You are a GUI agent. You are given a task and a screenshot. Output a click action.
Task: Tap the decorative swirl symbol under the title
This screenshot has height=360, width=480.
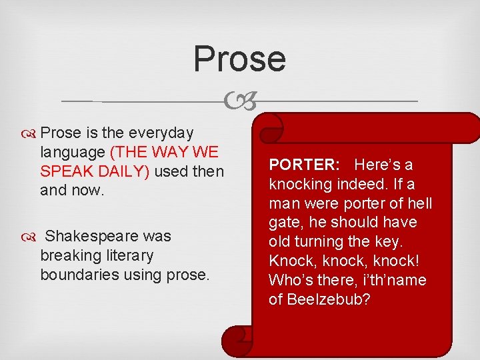point(239,102)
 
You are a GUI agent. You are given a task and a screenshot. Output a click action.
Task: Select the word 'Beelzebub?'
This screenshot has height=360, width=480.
point(329,299)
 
